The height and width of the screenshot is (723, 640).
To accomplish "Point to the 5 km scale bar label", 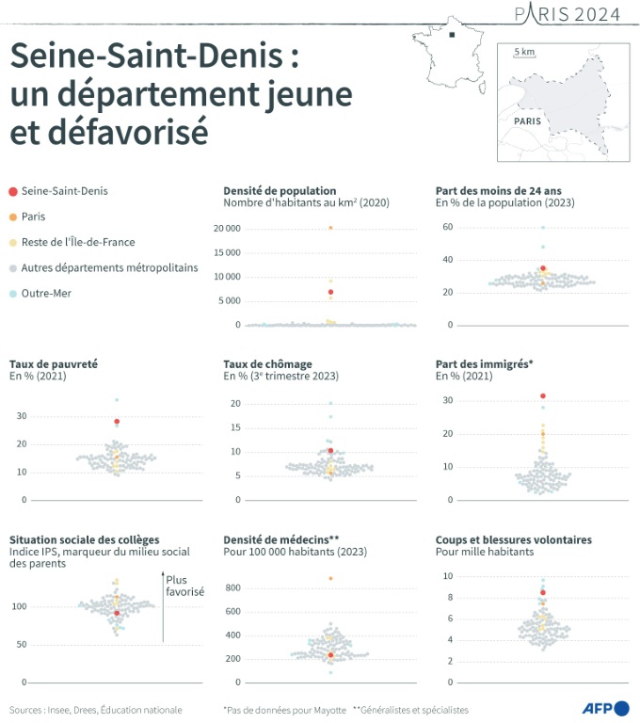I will [x=524, y=51].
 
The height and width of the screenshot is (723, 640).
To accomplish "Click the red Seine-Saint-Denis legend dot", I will [x=11, y=191].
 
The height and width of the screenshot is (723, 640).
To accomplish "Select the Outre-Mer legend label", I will [x=47, y=293].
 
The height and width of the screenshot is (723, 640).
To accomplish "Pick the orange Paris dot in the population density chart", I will [x=329, y=228].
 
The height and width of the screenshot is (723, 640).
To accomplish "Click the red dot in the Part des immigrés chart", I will [x=543, y=396].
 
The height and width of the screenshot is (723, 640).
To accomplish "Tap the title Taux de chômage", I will [x=267, y=363].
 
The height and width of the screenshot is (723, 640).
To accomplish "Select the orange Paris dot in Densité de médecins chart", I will [x=330, y=578].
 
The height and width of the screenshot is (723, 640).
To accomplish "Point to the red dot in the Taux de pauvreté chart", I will [x=117, y=422].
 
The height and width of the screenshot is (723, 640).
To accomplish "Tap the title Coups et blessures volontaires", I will [x=513, y=539].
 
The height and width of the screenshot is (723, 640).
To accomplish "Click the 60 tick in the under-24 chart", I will [x=449, y=227].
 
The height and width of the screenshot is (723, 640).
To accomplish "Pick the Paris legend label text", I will [x=34, y=217].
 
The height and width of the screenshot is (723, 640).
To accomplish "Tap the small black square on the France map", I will [x=453, y=36].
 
